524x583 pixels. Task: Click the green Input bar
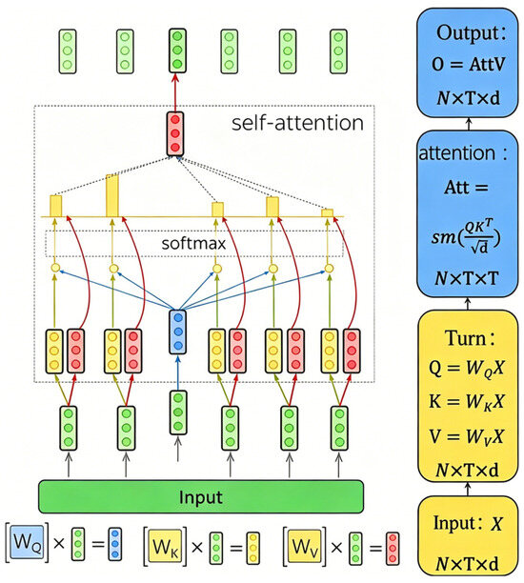coord(201,496)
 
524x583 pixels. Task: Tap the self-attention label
coord(297,123)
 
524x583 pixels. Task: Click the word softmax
coord(193,244)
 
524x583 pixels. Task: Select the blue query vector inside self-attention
coord(178,332)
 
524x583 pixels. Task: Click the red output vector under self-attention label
coord(175,133)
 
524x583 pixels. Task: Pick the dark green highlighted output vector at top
coord(177,50)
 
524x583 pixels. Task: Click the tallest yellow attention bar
coord(112,195)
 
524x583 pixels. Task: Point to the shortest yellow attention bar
coord(328,212)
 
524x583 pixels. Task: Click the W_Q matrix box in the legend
coord(27,544)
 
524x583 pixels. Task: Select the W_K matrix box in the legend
coord(165,546)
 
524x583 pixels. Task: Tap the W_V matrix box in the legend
coord(305,546)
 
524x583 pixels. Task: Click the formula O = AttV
coord(468,65)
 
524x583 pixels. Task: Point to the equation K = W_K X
coord(466,402)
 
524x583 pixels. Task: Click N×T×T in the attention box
coord(466,278)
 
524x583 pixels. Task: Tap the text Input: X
coord(468,523)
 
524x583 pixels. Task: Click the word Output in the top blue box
coord(467,33)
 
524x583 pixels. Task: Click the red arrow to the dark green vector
coord(175,91)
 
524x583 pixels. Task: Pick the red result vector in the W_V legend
coord(393,549)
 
